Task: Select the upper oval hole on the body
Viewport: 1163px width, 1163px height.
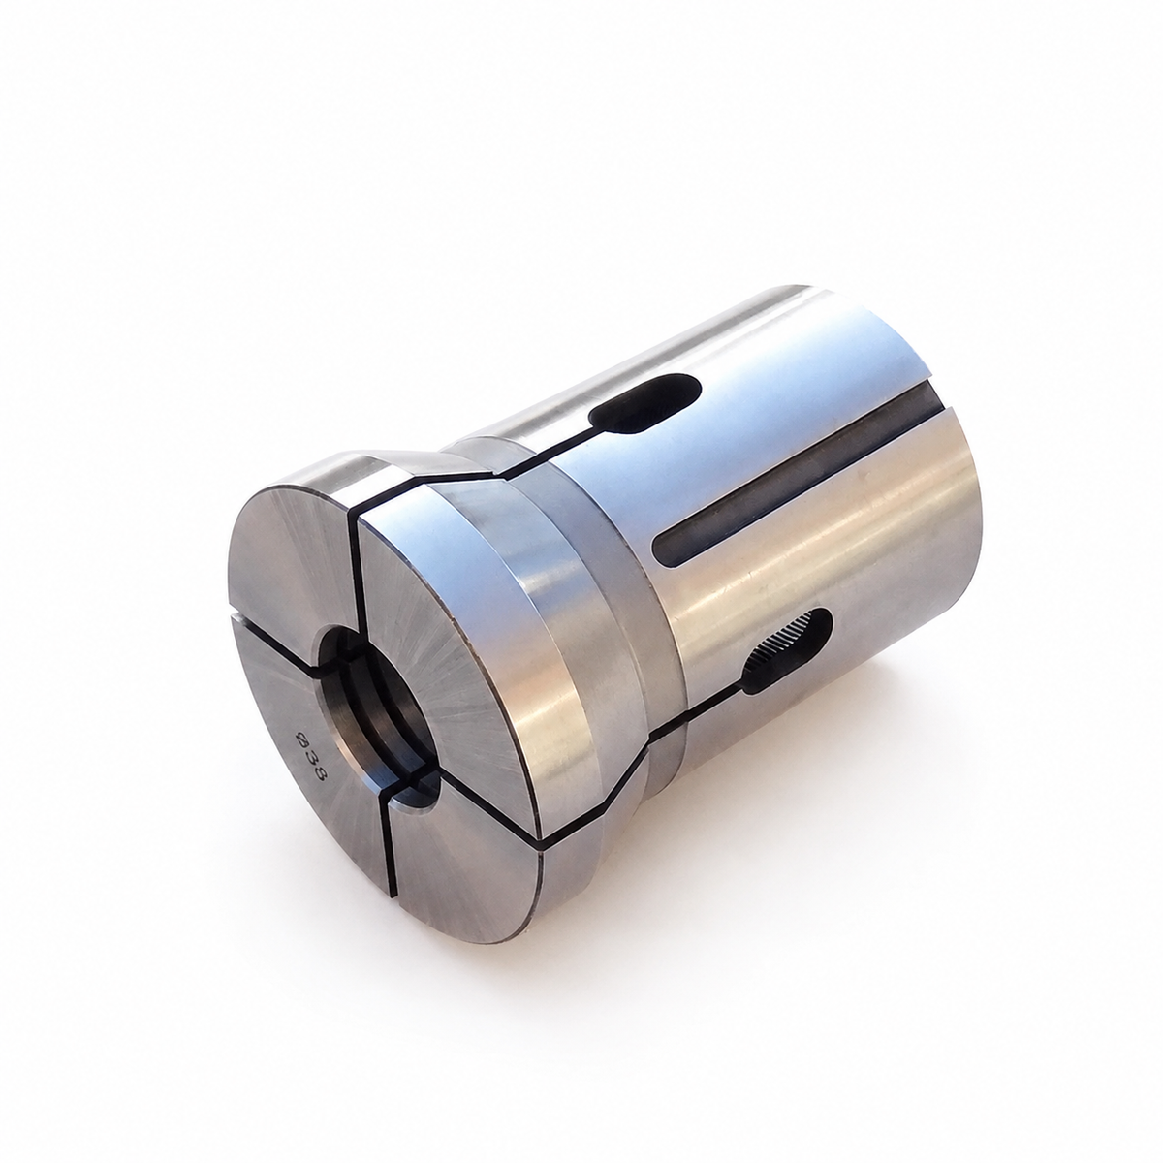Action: [x=644, y=404]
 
